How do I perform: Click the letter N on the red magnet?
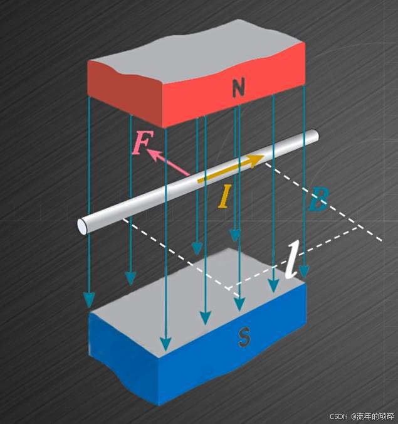(x=238, y=88)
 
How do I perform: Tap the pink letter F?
(x=142, y=144)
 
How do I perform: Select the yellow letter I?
(x=224, y=196)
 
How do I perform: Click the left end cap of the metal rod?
(x=83, y=225)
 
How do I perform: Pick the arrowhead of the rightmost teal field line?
(x=304, y=272)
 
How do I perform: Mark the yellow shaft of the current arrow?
(x=226, y=171)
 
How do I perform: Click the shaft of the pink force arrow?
(x=172, y=164)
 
